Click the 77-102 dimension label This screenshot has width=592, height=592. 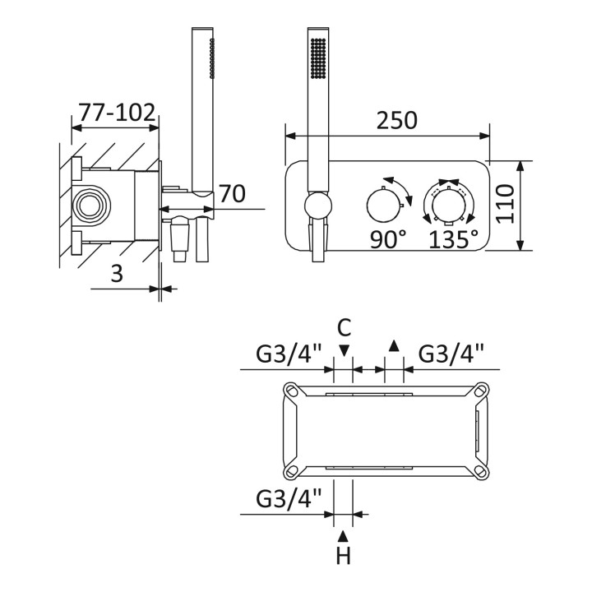click(x=117, y=112)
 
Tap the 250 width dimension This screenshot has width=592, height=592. click(x=397, y=120)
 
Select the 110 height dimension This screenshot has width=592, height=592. click(x=505, y=204)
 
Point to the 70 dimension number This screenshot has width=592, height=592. click(x=232, y=193)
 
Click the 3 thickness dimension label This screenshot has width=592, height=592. click(x=117, y=273)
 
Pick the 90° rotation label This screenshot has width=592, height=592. click(x=388, y=239)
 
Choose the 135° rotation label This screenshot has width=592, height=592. click(x=453, y=239)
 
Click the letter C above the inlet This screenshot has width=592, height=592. click(x=344, y=327)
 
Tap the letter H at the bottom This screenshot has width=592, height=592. click(x=343, y=556)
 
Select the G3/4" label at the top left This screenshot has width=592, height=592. click(x=289, y=354)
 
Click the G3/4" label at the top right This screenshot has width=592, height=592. click(x=451, y=354)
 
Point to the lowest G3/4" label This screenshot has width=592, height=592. click(x=289, y=498)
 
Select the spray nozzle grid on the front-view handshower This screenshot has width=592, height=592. click(x=318, y=58)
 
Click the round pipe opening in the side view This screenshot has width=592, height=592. click(x=90, y=205)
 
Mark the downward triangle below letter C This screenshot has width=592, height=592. click(x=344, y=351)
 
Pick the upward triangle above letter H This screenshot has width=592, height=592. click(x=343, y=535)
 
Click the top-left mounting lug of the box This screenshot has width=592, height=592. click(x=292, y=390)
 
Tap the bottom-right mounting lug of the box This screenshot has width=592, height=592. click(x=480, y=470)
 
